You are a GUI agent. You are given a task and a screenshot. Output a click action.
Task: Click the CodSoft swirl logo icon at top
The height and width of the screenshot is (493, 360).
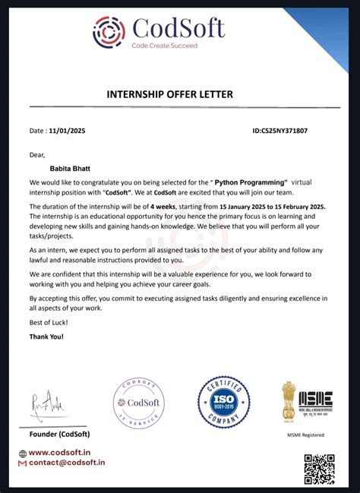tap(109, 32)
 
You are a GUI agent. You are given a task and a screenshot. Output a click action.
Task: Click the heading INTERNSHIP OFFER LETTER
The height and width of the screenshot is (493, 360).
tap(169, 94)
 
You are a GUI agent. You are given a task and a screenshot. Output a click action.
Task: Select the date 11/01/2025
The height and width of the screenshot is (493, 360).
tap(69, 131)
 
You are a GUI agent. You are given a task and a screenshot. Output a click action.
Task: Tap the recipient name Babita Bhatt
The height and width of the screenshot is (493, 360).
tap(69, 169)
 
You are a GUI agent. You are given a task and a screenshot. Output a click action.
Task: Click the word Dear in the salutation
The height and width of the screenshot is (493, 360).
tap(38, 155)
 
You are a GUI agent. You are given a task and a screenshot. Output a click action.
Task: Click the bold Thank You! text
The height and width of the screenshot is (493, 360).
tap(47, 336)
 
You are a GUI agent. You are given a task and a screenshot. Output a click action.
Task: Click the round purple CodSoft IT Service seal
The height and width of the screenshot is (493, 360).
tap(139, 403)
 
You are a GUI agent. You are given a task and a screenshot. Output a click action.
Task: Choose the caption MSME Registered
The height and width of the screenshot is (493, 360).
tap(307, 435)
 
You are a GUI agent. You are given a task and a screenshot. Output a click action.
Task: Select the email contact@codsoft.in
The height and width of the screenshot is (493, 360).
tap(66, 463)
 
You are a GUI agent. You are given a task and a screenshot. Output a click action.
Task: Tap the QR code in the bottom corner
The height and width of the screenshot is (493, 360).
tap(319, 469)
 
